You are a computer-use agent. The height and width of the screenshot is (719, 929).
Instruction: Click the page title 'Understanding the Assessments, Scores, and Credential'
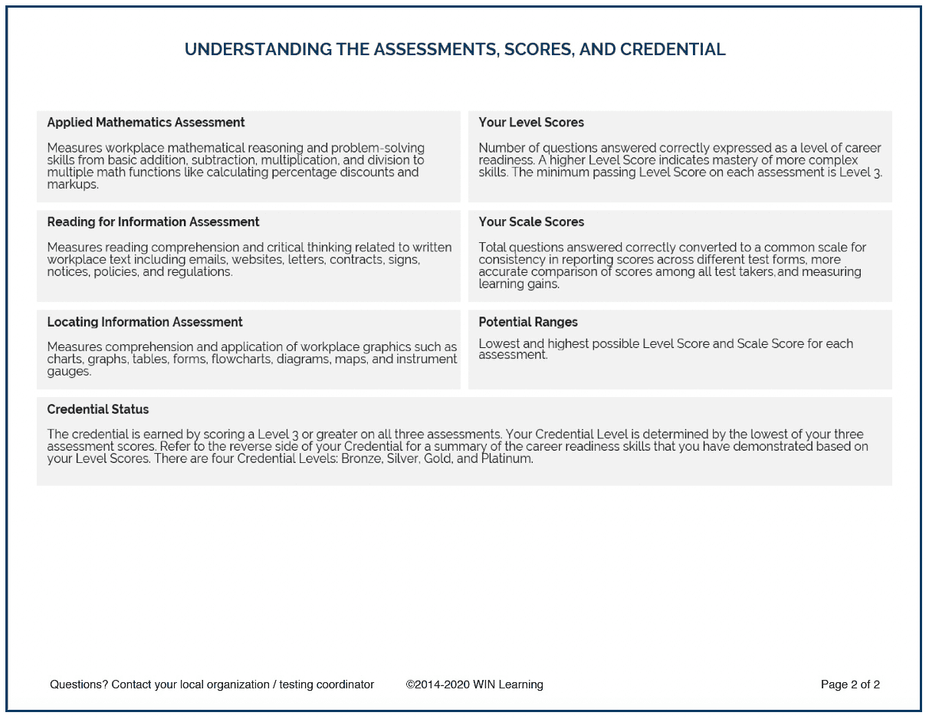tap(455, 50)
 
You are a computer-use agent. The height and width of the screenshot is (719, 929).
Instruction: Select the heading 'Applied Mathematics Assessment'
tap(146, 123)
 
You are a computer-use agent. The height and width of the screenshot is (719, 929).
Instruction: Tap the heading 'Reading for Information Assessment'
tap(153, 222)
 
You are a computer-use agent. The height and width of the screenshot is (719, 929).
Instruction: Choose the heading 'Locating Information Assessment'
tap(145, 323)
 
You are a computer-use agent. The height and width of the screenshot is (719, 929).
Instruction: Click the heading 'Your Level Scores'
tap(531, 123)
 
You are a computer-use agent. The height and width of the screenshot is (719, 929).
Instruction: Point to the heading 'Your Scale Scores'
tap(531, 222)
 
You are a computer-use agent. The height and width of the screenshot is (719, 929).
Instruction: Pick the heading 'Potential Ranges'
tap(528, 323)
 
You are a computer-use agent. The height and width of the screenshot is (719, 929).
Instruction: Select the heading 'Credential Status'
tap(97, 409)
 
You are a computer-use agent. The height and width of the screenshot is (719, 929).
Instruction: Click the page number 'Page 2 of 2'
tap(850, 685)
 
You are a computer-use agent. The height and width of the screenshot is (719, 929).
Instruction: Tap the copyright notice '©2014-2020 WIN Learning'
tap(474, 685)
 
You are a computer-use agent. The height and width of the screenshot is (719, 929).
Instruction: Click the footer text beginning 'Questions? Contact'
tap(212, 685)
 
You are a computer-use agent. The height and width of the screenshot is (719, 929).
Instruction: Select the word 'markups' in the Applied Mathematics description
tap(72, 185)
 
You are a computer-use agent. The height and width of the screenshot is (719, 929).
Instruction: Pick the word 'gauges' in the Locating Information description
tap(68, 372)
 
